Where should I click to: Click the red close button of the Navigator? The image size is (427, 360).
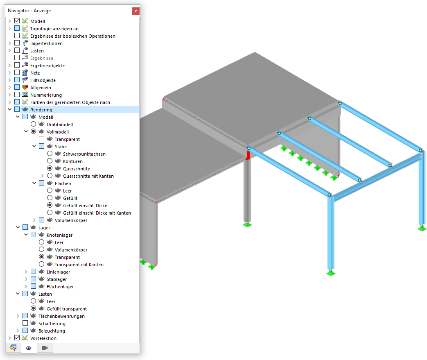[x=136, y=11]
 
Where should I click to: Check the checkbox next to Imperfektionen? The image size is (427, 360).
[x=17, y=43]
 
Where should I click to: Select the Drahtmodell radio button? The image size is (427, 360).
[x=33, y=124]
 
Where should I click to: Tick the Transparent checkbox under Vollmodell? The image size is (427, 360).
[x=41, y=139]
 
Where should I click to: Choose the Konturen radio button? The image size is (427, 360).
[x=50, y=161]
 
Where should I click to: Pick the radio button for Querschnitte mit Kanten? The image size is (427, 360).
[x=50, y=176]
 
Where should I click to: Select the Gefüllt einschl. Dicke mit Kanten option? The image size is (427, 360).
[x=50, y=212]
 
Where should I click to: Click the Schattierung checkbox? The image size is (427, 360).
[x=25, y=323]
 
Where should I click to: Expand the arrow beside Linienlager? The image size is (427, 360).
[x=26, y=272]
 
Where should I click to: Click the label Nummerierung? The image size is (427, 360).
[x=46, y=95]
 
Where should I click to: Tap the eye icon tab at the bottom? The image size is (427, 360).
[x=29, y=348]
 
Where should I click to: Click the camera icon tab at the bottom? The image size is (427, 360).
[x=45, y=348]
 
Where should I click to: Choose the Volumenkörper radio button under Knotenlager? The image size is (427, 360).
[x=41, y=249]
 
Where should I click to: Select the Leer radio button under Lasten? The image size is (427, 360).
[x=33, y=301]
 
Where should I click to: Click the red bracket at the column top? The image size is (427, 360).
[x=248, y=155]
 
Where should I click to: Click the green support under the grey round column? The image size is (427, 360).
[x=247, y=224]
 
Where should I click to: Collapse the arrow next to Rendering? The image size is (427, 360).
[x=9, y=109]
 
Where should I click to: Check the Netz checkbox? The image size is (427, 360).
[x=17, y=72]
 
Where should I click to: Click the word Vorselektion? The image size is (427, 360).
[x=43, y=338]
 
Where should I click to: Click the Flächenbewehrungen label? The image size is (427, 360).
[x=61, y=316]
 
